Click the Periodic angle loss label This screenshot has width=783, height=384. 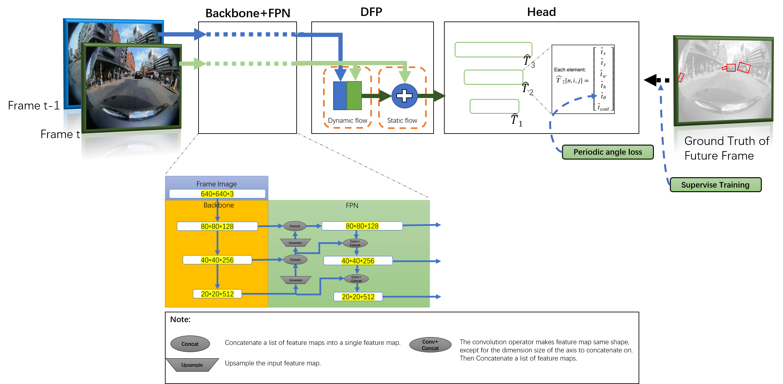(x=608, y=152)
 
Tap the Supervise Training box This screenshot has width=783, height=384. (x=715, y=185)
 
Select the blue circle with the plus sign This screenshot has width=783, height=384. (x=404, y=96)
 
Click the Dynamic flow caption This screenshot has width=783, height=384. (x=347, y=121)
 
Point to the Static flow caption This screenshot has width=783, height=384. (x=402, y=121)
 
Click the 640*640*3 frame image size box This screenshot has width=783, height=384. (x=217, y=194)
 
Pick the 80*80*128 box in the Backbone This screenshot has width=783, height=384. (x=217, y=226)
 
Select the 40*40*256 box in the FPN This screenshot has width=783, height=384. (x=358, y=261)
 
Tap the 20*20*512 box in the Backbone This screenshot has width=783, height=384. (x=217, y=294)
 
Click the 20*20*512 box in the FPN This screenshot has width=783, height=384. (x=358, y=297)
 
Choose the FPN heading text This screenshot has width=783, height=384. (x=352, y=206)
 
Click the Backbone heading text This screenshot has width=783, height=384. (x=219, y=205)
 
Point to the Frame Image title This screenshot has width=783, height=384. (x=216, y=184)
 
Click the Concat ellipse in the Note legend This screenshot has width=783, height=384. (x=190, y=344)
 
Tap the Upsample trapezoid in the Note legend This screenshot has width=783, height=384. (x=192, y=365)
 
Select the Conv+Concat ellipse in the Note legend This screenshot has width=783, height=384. (x=430, y=345)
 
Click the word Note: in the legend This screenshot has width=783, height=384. (x=180, y=320)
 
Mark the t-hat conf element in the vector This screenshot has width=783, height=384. (x=603, y=107)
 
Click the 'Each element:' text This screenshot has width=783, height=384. (x=570, y=70)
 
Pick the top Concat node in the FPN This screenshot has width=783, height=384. (x=295, y=226)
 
